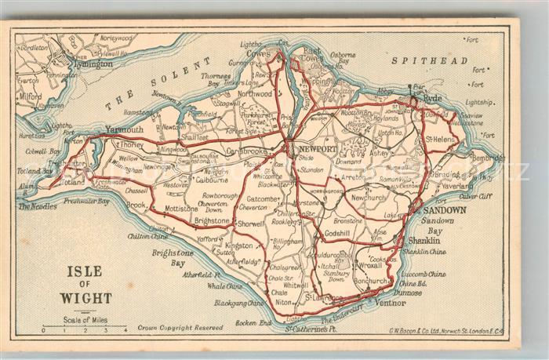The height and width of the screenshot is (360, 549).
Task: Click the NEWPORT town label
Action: pos(317,149)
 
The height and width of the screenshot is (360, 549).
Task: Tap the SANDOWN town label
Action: pos(445,210)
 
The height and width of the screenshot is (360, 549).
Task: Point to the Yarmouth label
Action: pos(124,129)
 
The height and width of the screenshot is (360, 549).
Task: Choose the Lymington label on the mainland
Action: pos(93,64)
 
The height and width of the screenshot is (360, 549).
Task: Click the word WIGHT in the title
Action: pos(87,298)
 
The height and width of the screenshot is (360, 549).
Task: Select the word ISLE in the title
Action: pos(86,272)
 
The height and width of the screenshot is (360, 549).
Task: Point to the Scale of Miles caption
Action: pos(85,319)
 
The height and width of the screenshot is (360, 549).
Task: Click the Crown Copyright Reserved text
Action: pos(180,328)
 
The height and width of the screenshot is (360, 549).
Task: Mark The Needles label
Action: pos(37,206)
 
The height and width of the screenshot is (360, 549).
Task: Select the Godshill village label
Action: pos(337,234)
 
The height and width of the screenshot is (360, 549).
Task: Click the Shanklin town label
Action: pos(425,240)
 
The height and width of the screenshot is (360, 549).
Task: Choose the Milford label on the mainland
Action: pos(31,96)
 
